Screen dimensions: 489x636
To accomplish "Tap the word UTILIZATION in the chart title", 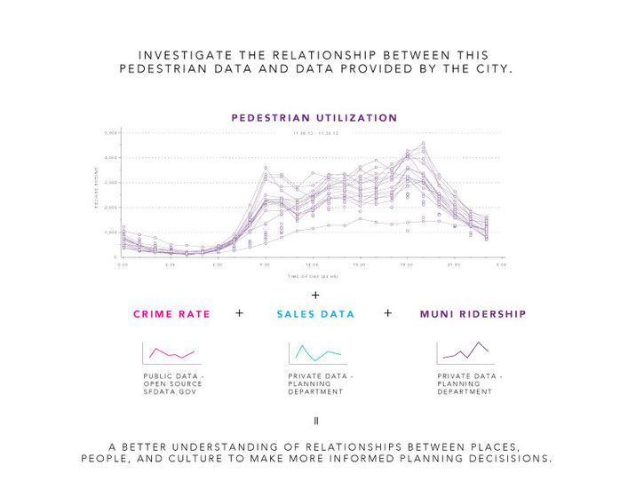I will (354, 117).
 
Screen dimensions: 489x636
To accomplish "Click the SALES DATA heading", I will (315, 314).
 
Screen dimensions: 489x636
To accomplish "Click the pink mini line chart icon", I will (171, 352).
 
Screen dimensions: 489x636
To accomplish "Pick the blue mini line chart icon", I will (317, 353).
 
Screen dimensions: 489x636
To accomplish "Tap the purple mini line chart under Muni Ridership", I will (465, 351).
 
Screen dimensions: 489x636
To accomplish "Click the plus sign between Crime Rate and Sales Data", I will (239, 313).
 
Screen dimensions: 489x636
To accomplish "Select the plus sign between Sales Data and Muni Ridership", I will (387, 313).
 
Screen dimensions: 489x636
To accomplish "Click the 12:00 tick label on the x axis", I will (313, 265).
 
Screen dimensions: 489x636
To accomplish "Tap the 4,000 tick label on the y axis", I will (112, 157).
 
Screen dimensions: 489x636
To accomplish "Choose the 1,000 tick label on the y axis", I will (112, 232).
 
